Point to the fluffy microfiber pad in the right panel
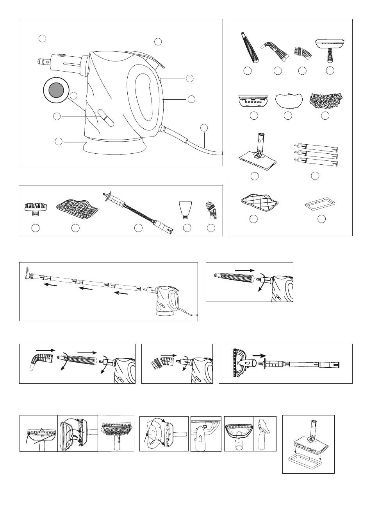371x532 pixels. [x=326, y=100]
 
